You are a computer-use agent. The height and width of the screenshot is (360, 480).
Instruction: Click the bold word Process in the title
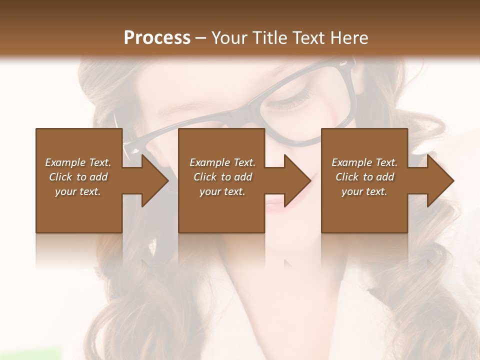[157, 38]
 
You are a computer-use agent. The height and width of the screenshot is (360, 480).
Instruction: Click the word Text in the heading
[308, 38]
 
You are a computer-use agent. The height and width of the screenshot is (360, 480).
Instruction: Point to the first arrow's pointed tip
[168, 180]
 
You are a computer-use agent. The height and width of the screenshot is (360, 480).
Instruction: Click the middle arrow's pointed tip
[310, 180]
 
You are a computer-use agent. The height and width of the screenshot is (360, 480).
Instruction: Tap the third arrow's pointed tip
[453, 180]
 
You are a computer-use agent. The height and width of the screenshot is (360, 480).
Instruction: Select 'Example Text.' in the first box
[78, 162]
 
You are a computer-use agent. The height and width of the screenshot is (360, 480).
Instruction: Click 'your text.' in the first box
[78, 191]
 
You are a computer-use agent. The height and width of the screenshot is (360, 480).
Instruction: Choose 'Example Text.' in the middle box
[222, 162]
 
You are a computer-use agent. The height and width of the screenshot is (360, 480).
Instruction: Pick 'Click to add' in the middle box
[222, 177]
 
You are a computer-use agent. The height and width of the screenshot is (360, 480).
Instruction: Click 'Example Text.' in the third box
[364, 162]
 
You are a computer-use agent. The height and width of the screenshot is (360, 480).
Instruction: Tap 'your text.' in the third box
[364, 191]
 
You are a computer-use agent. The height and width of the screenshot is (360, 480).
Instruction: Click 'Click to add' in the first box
[78, 177]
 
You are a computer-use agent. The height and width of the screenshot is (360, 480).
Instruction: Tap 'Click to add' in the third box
[364, 177]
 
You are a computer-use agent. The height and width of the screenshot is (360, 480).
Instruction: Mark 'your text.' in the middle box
[222, 191]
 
